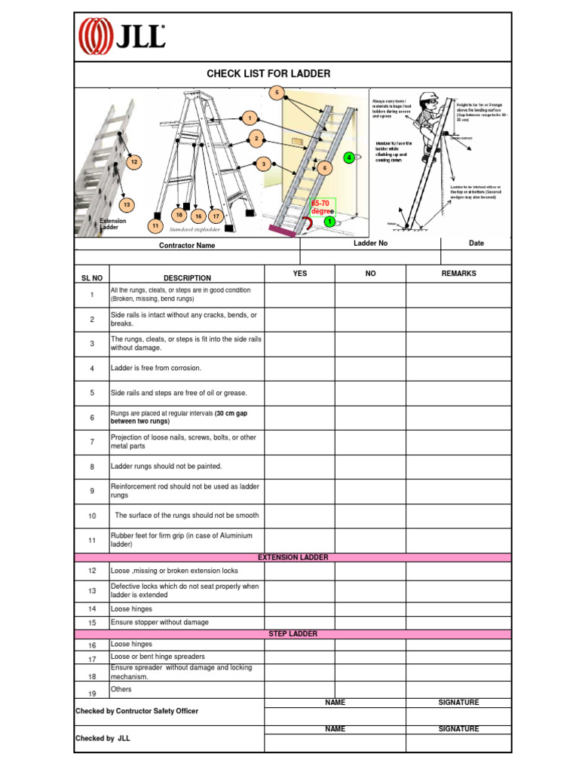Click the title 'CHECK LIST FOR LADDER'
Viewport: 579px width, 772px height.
click(x=268, y=74)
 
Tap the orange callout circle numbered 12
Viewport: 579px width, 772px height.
click(x=133, y=162)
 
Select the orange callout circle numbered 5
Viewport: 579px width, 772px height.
click(x=277, y=93)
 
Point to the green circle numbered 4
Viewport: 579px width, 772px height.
click(x=348, y=158)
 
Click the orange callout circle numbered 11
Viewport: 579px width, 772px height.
click(x=155, y=225)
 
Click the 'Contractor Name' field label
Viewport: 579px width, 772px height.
click(x=186, y=245)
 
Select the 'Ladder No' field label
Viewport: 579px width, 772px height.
click(x=370, y=244)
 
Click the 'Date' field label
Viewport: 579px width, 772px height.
click(x=476, y=244)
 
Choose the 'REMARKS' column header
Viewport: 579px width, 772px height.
click(x=458, y=274)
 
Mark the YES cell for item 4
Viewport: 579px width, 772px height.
click(x=299, y=369)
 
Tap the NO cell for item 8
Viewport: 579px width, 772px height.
click(x=370, y=467)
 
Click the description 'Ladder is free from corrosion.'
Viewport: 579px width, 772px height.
click(x=156, y=369)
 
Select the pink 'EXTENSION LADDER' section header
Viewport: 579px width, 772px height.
click(x=293, y=557)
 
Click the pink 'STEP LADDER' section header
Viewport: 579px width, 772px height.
click(x=293, y=634)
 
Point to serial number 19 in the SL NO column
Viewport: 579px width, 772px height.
click(x=92, y=694)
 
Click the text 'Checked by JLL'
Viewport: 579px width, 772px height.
click(x=103, y=739)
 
